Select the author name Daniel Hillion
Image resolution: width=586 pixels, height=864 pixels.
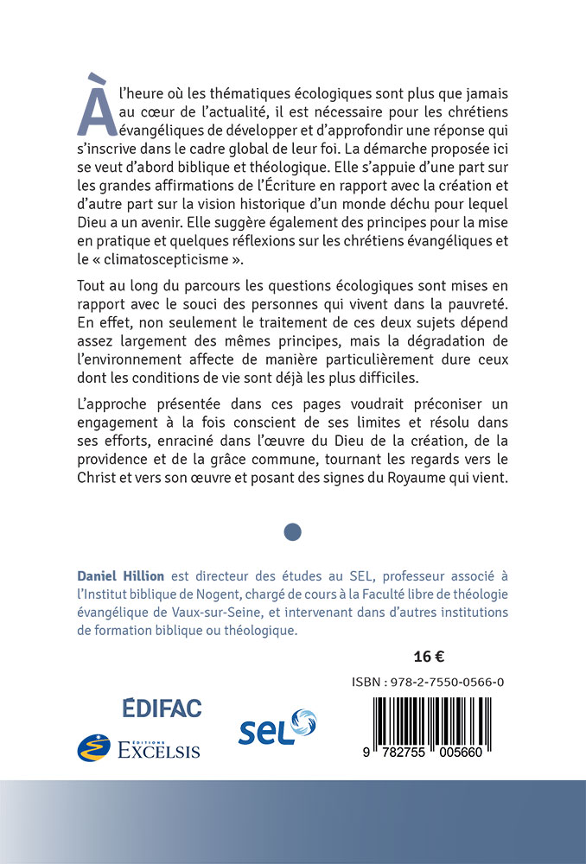[120, 576]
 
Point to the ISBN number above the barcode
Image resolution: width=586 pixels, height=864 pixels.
[429, 683]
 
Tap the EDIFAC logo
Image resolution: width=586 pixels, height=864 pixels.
[162, 708]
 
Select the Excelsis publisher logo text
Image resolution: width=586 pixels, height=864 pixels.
[159, 749]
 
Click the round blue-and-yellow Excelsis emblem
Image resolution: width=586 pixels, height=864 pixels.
[94, 747]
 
